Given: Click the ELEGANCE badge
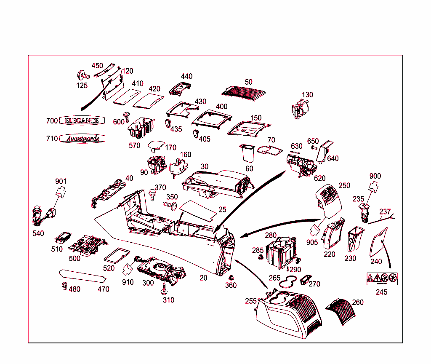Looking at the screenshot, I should tap(82, 120).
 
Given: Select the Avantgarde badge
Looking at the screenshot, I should tap(82, 139).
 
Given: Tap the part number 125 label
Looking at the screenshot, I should tap(82, 86).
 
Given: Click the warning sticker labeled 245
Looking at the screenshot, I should tap(382, 278).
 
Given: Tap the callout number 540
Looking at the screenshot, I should tap(38, 233).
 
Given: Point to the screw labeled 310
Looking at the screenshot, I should tap(164, 289).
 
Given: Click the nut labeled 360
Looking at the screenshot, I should tap(231, 278).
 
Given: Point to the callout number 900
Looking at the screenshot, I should tap(375, 176).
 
